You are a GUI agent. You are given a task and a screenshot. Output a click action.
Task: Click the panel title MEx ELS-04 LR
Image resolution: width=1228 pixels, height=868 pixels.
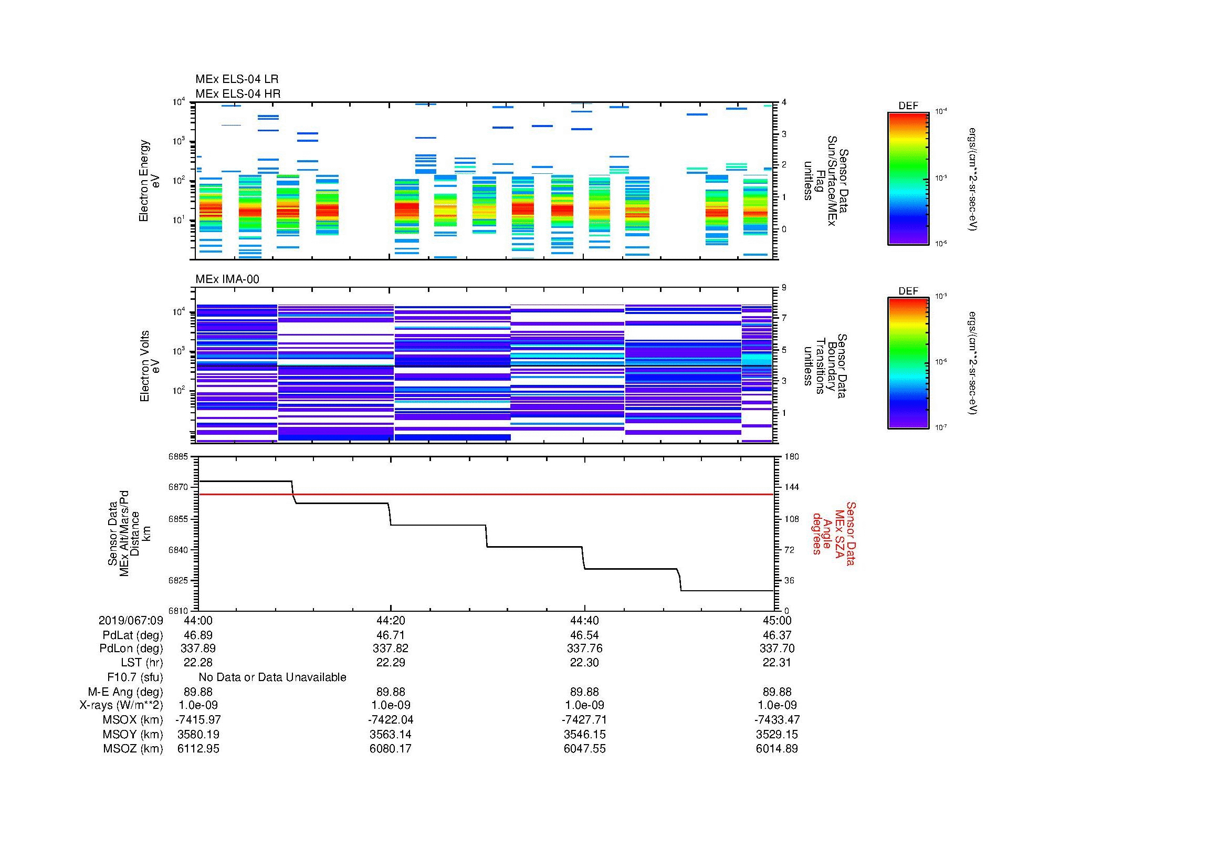tap(237, 79)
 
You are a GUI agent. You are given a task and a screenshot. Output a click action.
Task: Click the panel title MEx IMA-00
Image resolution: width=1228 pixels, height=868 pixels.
tap(227, 279)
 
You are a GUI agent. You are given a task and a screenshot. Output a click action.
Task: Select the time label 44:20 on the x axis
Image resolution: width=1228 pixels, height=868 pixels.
tap(391, 620)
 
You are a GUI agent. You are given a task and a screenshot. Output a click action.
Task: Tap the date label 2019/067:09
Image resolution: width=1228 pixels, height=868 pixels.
tap(131, 620)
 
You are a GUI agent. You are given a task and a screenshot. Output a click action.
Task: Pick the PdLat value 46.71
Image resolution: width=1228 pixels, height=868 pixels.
tap(391, 635)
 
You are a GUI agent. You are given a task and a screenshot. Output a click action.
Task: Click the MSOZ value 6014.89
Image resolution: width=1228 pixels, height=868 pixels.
tap(776, 749)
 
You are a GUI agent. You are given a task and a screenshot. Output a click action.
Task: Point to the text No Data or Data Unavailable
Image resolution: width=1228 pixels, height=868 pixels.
tap(272, 677)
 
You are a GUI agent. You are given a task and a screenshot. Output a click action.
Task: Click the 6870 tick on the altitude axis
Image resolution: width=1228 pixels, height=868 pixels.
tap(179, 487)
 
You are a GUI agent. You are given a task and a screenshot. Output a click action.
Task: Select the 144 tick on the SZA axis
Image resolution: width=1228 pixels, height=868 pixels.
tap(791, 487)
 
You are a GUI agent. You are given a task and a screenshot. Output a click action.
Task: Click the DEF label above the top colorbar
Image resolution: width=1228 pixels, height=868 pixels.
tap(908, 106)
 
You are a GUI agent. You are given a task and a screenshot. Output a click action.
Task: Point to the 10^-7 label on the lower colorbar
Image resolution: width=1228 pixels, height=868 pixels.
tap(942, 427)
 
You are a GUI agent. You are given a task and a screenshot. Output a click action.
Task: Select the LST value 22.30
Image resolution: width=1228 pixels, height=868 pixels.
tap(584, 663)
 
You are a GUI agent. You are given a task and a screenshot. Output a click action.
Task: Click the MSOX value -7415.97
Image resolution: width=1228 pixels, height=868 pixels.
tap(198, 720)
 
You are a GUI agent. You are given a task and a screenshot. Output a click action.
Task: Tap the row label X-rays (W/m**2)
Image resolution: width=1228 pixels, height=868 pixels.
tap(121, 705)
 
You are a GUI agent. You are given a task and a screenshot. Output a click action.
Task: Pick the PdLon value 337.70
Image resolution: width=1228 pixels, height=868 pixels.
tap(776, 649)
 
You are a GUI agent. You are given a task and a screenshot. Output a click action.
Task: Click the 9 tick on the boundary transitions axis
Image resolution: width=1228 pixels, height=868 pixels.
tap(784, 288)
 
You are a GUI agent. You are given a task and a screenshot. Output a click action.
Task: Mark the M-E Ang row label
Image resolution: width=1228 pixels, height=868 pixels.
tap(125, 692)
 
